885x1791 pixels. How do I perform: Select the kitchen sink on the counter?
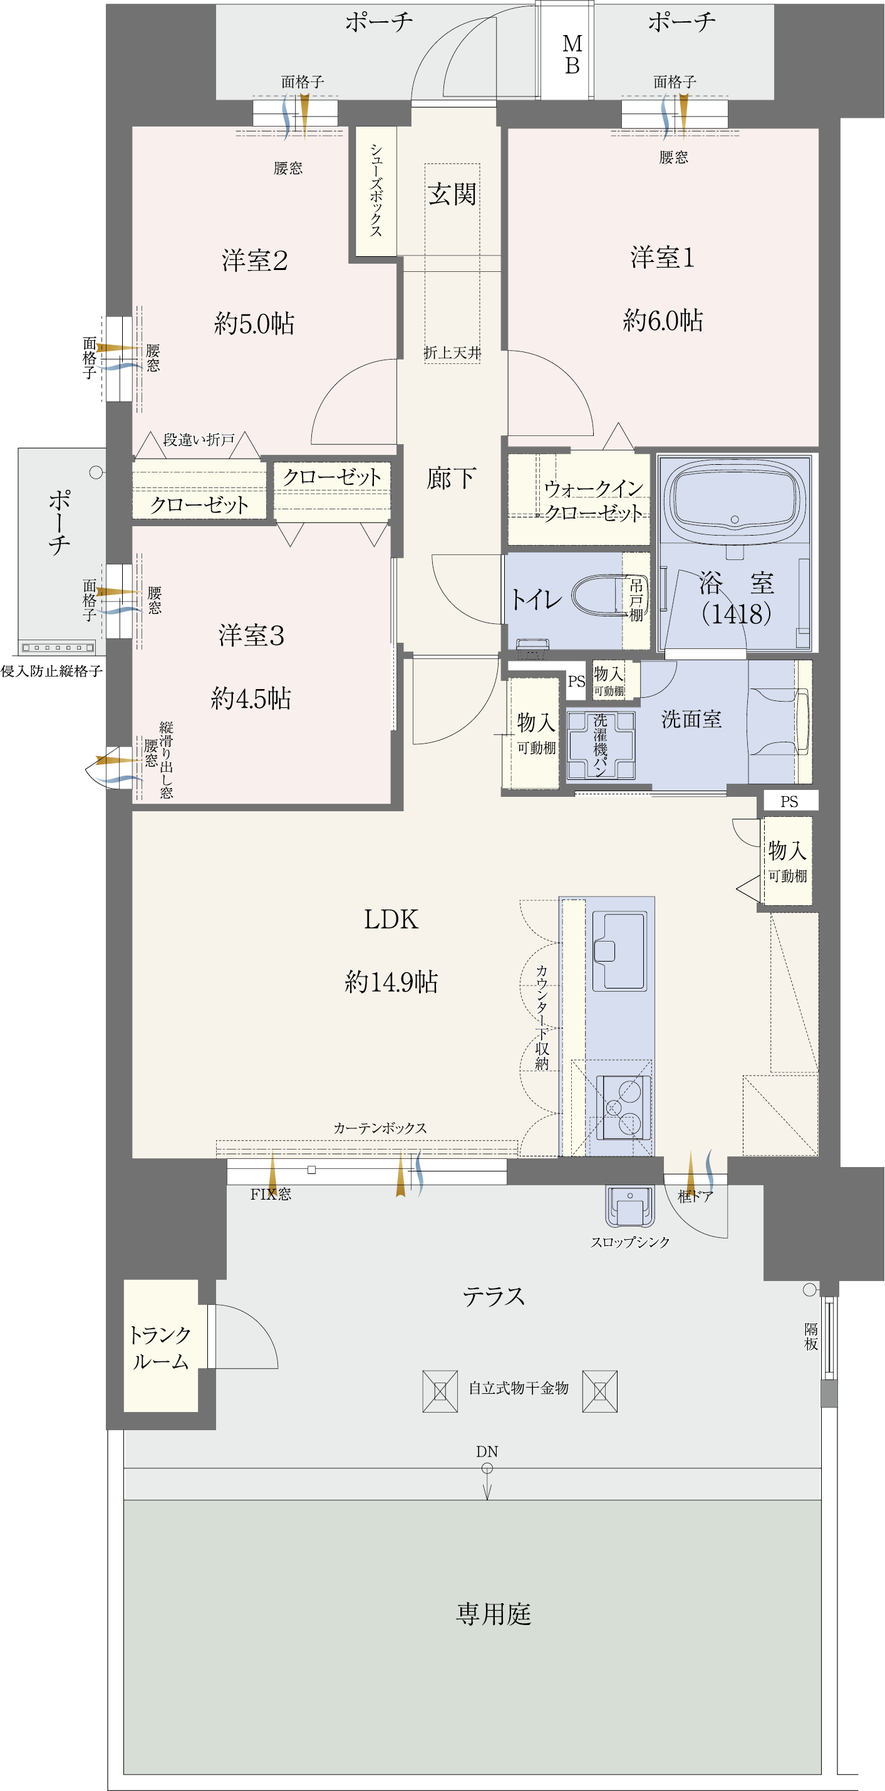(x=619, y=950)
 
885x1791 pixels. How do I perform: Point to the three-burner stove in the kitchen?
(x=625, y=1107)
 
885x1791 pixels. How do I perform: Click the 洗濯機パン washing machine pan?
(x=601, y=745)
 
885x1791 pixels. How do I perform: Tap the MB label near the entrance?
(x=572, y=55)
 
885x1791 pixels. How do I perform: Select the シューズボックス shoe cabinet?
(x=376, y=190)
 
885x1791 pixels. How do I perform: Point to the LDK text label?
(x=391, y=919)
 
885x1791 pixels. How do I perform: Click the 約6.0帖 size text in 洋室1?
(x=663, y=320)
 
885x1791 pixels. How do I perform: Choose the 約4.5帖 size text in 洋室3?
(x=251, y=698)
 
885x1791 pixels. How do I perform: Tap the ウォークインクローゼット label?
(x=593, y=501)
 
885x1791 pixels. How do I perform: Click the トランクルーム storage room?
(x=160, y=1347)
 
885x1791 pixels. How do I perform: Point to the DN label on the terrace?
(x=487, y=1451)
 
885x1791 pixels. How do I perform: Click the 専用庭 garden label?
(x=494, y=1614)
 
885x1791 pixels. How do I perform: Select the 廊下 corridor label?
(x=451, y=479)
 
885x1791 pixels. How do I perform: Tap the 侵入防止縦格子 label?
(x=51, y=671)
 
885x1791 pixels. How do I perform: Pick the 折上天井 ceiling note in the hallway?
(x=453, y=353)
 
